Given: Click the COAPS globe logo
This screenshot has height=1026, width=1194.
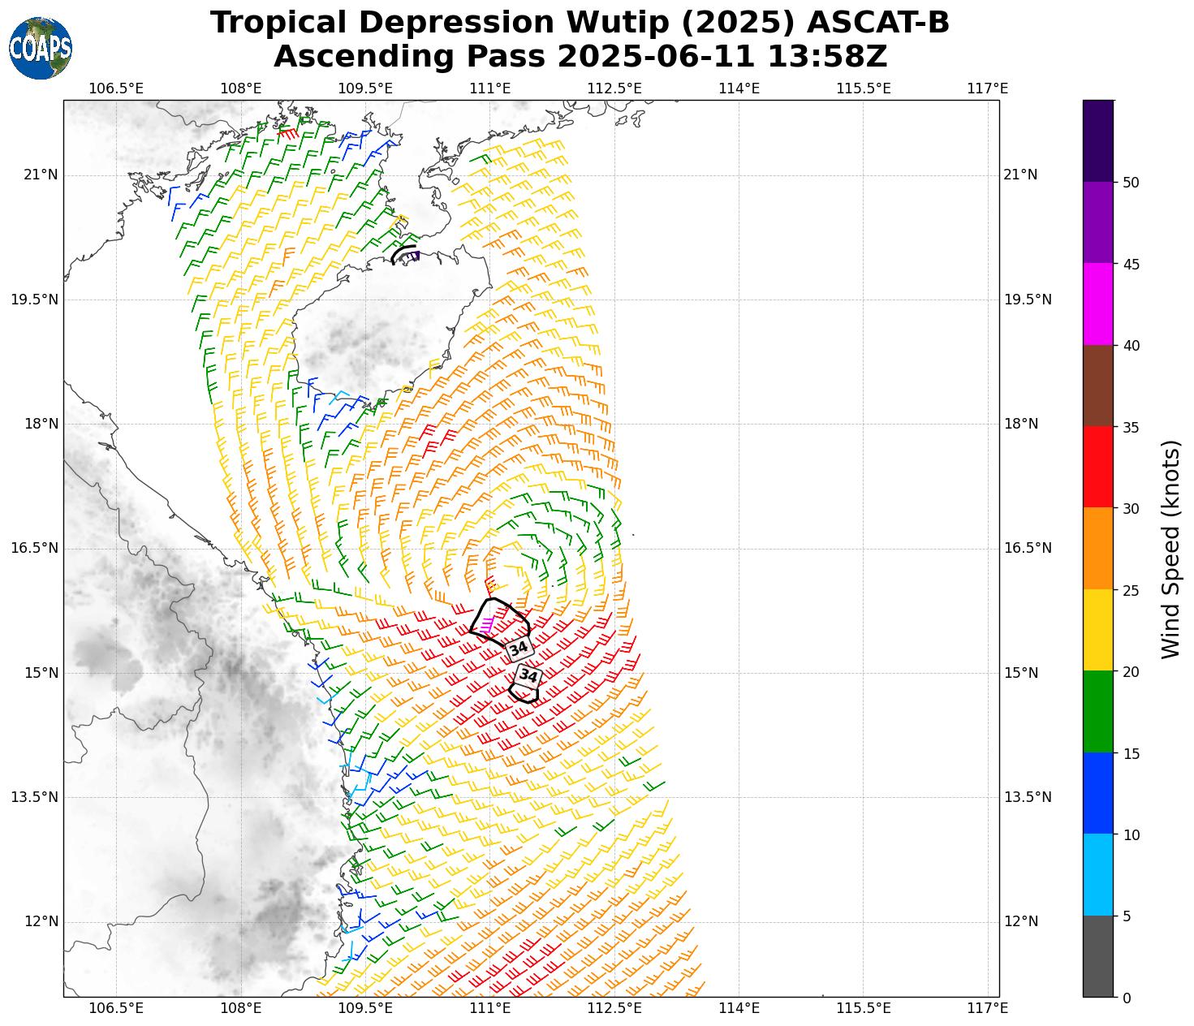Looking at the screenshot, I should click(x=41, y=49).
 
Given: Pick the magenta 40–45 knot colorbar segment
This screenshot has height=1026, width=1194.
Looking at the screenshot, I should click(x=1098, y=304).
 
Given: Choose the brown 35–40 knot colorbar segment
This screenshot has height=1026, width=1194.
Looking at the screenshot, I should click(x=1098, y=386).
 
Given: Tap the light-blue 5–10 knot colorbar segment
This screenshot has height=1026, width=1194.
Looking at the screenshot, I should click(x=1098, y=875).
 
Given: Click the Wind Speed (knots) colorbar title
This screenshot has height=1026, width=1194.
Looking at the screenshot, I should click(x=1170, y=549).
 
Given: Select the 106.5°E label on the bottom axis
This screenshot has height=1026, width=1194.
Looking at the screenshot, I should click(x=116, y=1008).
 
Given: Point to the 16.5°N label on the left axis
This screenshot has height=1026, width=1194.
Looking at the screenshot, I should click(x=34, y=548).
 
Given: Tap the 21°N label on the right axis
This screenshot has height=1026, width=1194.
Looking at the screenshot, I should click(x=1020, y=175).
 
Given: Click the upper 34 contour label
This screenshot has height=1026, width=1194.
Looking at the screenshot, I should click(x=519, y=649).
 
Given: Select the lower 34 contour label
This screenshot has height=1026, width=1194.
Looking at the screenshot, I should click(x=528, y=675).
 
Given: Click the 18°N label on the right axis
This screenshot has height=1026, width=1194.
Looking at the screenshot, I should click(x=1020, y=424).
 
